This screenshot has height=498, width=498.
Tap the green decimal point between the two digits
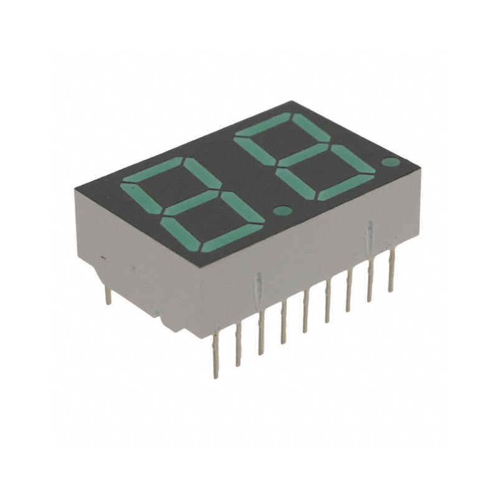point(282,210)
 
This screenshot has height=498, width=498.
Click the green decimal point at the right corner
point(390,162)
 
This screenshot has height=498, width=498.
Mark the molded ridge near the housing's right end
point(370,234)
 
